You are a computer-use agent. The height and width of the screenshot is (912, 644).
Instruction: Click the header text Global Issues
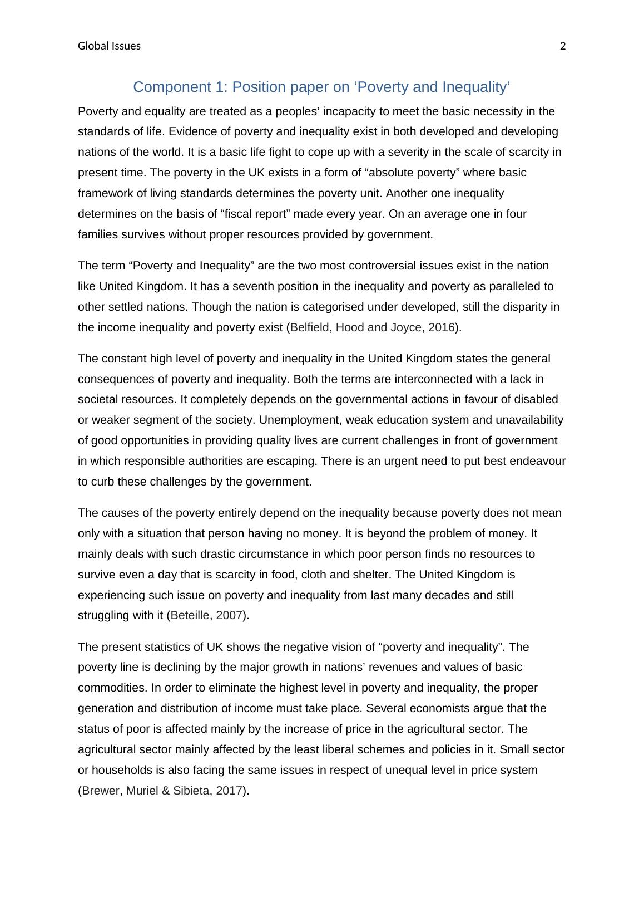coord(109,46)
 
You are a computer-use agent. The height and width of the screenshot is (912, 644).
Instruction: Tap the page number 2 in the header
coord(563,46)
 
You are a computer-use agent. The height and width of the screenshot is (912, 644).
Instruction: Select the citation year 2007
coord(229,616)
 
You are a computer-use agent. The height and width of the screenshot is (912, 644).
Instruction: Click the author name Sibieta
coord(191,791)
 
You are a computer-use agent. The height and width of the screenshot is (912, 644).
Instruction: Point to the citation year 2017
coord(229,791)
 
